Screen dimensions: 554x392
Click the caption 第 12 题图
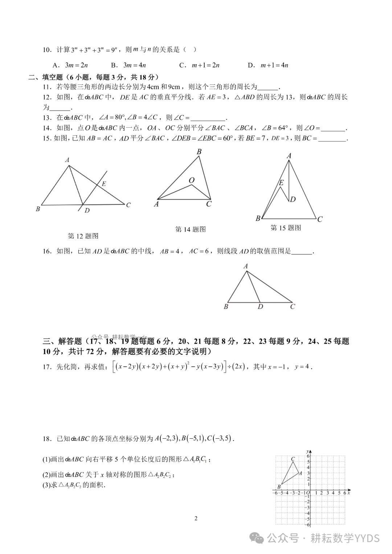(83, 236)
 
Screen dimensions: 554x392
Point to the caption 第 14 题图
(190, 229)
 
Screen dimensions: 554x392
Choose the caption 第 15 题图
(286, 228)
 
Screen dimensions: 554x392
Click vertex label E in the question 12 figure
(104, 184)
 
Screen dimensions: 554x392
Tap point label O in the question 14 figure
(191, 180)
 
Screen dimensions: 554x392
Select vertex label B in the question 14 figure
(199, 152)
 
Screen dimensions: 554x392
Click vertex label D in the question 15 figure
(293, 199)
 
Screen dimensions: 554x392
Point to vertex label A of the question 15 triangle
(289, 156)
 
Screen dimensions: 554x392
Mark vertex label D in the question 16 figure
(260, 307)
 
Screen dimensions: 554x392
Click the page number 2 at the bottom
(196, 518)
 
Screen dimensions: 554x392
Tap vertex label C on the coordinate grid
(293, 459)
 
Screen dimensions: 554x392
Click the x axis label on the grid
(348, 493)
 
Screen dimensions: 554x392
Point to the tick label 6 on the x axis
(344, 493)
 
